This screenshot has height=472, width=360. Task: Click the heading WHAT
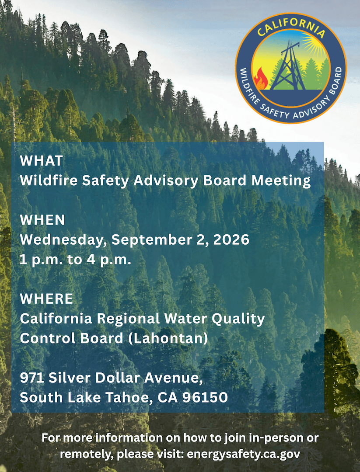pyautogui.click(x=42, y=161)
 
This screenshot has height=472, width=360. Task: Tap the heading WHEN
pyautogui.click(x=42, y=220)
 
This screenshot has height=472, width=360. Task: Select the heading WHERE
pyautogui.click(x=46, y=298)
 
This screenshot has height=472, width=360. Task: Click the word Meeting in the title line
pyautogui.click(x=281, y=180)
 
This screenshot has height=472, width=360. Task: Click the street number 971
pyautogui.click(x=32, y=378)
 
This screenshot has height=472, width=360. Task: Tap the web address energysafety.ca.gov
pyautogui.click(x=243, y=454)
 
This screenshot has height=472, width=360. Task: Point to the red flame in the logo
pyautogui.click(x=261, y=79)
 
